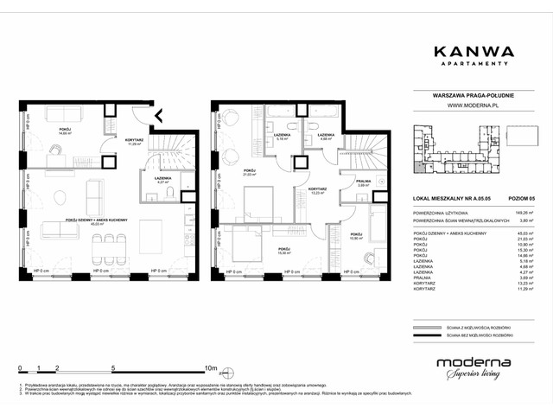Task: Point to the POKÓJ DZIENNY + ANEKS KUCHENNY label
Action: [x=98, y=220]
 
